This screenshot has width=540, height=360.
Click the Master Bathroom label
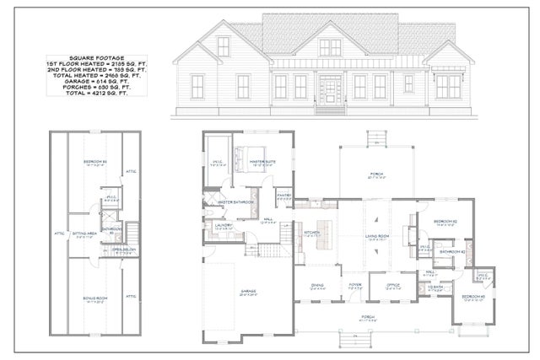pyautogui.click(x=235, y=201)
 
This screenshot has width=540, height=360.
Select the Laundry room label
pyautogui.click(x=224, y=224)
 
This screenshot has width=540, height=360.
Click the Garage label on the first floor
pyautogui.click(x=247, y=292)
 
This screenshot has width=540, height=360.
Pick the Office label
pyautogui.click(x=392, y=286)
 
